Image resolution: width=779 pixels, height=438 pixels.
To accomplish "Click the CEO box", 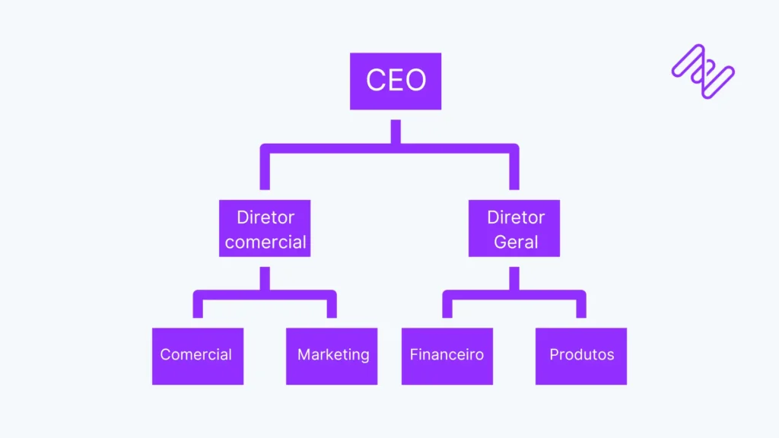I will [396, 81].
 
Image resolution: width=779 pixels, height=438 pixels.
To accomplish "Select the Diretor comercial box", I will [265, 228].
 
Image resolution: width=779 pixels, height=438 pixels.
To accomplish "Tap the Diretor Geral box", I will [514, 228].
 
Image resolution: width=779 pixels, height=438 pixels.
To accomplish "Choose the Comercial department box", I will [198, 356].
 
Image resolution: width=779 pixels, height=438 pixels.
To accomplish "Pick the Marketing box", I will [332, 356].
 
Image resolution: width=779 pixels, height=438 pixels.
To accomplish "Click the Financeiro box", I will [447, 356].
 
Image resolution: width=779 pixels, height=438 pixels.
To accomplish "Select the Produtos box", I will [581, 356].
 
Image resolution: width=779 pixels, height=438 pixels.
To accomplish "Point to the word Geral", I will [516, 243].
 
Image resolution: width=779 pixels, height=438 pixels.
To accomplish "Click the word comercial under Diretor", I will [265, 243].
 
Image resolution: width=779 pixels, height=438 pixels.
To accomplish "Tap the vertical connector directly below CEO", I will [396, 131].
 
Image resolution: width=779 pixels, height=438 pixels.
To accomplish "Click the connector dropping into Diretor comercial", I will [265, 171].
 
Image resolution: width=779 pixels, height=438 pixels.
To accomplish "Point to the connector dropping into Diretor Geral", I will [514, 171].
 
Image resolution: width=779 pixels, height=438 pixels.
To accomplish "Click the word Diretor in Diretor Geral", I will [516, 217].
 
